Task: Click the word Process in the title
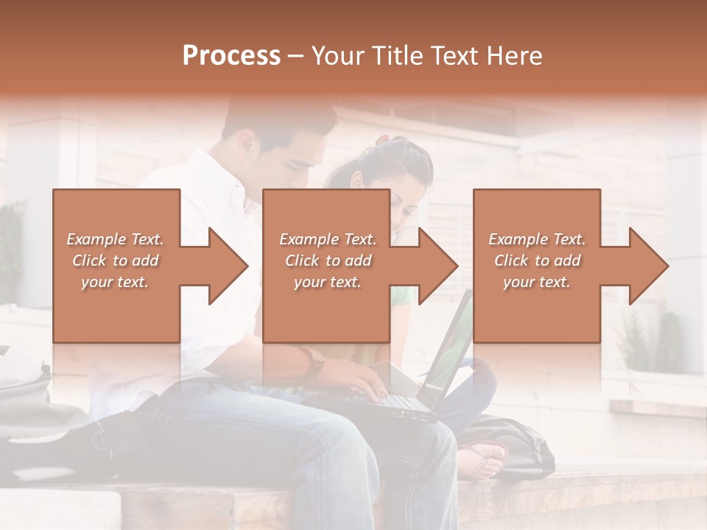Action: click(x=231, y=56)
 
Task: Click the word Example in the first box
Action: click(x=95, y=239)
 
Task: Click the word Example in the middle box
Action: click(x=308, y=239)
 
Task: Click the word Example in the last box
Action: click(x=517, y=239)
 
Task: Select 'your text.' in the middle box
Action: click(x=327, y=282)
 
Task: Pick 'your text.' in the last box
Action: click(x=536, y=282)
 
